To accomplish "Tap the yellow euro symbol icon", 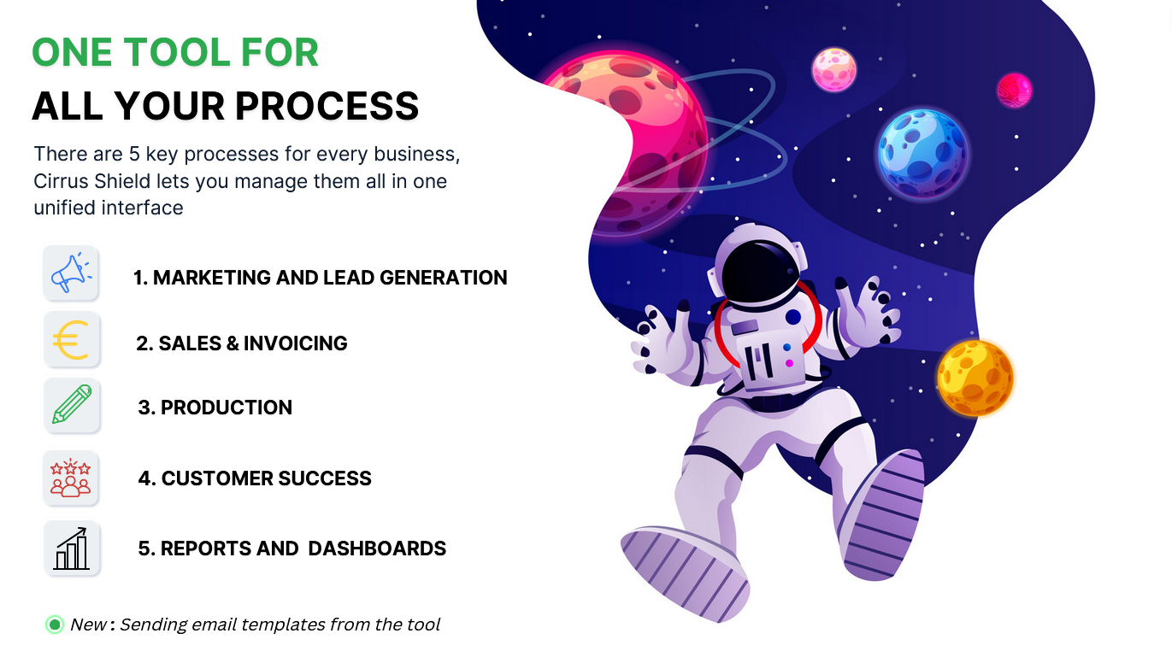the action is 71,339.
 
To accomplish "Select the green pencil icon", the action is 72,404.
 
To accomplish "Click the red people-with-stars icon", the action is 71,478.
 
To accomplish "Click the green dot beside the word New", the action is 55,625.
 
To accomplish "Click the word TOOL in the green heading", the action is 176,52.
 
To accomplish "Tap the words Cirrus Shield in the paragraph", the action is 92,181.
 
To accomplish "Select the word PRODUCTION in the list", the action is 226,408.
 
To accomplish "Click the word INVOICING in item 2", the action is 295,343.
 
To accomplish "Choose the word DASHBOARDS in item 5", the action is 377,548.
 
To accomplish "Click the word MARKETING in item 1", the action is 212,278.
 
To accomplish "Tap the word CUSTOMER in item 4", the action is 217,478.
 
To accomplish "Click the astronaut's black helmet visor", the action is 760,272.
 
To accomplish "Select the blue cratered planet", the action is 922,153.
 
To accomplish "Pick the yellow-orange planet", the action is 975,378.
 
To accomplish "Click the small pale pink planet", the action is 834,69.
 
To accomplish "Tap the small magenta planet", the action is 1014,91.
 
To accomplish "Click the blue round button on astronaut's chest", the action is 793,317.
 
